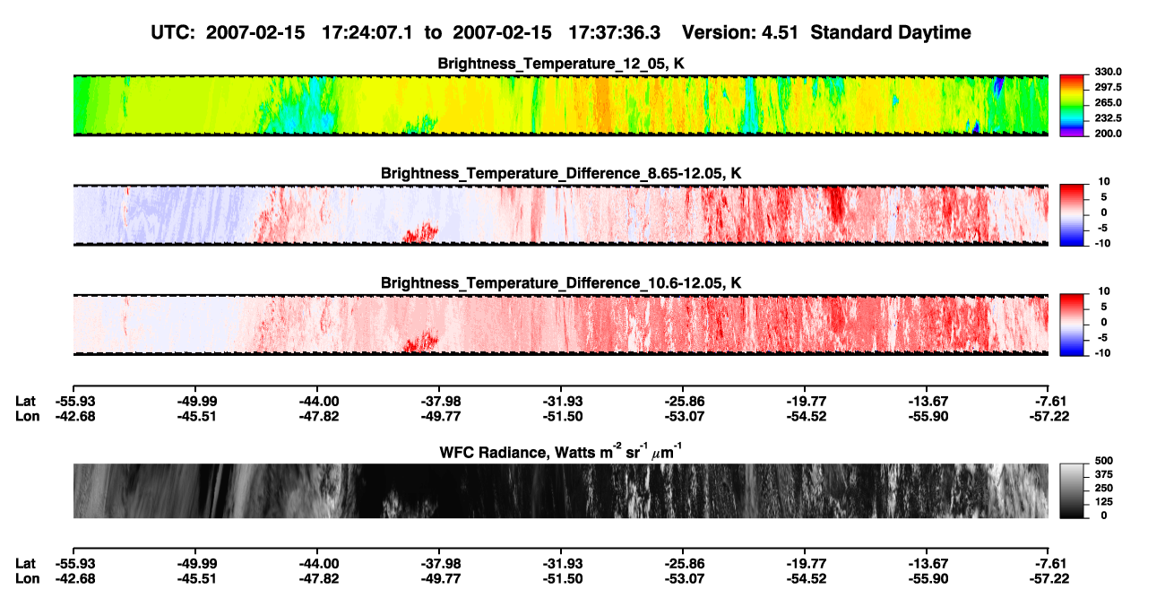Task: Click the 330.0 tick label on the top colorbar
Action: [1108, 72]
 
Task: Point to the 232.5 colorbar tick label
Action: [1108, 118]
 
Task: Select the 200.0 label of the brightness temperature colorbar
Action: [1108, 134]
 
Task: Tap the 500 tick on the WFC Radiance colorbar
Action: [1104, 461]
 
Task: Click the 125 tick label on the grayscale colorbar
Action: [1104, 502]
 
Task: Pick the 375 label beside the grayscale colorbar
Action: [1104, 474]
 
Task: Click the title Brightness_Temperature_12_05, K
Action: [561, 64]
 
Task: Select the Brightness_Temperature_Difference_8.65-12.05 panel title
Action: [561, 173]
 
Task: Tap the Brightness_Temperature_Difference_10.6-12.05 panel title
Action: [561, 283]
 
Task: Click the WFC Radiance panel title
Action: [561, 452]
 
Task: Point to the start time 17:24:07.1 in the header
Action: [367, 33]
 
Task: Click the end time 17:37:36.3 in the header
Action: [614, 33]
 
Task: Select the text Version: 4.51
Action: [740, 33]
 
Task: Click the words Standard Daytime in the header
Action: [891, 33]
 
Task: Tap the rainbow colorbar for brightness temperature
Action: [1072, 106]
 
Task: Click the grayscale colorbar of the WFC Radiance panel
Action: [1072, 490]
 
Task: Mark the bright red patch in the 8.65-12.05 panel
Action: [421, 232]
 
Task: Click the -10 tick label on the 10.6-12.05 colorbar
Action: [1102, 353]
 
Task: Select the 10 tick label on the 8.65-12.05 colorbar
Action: [1104, 182]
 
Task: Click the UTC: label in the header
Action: [173, 33]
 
